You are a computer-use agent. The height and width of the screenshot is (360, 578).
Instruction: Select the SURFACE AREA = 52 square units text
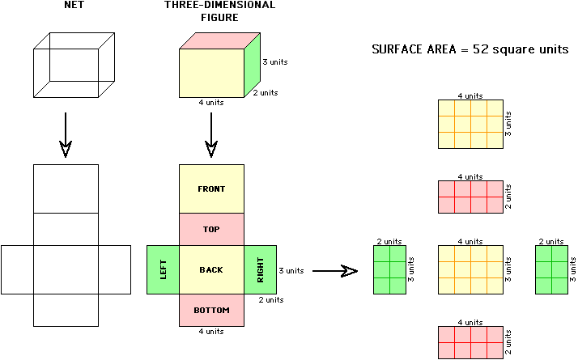(470, 49)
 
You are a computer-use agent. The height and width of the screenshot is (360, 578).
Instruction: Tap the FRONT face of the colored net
(211, 188)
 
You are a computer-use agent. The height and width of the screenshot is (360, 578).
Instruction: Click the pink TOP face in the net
(211, 229)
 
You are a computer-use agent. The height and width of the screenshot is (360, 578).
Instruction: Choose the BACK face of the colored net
(211, 269)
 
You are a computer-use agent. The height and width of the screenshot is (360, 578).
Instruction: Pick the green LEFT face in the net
(163, 269)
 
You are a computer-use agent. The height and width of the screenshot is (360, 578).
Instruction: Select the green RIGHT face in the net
(260, 269)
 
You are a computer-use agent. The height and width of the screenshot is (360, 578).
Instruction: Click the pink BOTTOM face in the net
(211, 310)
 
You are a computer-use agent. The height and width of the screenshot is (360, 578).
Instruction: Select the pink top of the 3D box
(219, 40)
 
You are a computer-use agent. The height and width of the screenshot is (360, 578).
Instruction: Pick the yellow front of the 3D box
(211, 73)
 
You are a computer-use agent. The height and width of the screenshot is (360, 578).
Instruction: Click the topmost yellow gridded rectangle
(470, 124)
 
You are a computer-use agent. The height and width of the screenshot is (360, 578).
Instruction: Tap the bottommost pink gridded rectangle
(470, 342)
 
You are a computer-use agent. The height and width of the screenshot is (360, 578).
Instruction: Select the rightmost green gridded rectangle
(551, 269)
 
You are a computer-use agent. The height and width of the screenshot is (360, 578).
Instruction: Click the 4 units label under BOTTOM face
(211, 332)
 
